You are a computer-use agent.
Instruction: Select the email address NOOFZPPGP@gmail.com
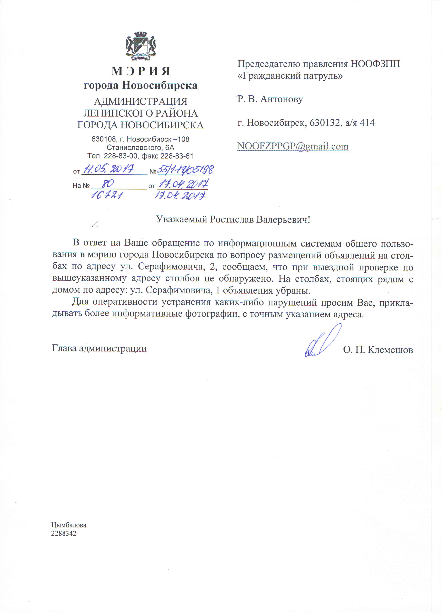[293, 146]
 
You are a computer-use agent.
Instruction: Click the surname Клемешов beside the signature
[390, 350]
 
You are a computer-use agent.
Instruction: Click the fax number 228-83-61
[177, 156]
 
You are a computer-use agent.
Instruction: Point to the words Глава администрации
[99, 348]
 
